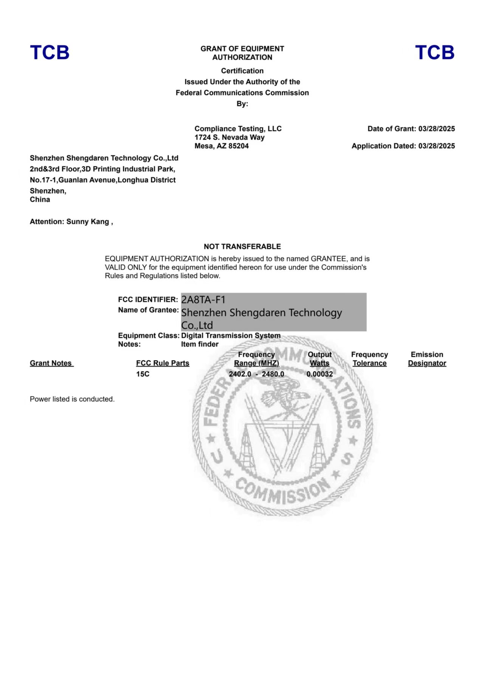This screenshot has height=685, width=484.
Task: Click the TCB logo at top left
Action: click(50, 53)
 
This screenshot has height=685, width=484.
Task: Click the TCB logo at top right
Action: click(434, 53)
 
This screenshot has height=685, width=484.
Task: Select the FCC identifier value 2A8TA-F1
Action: click(203, 300)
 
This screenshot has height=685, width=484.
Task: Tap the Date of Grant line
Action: click(411, 129)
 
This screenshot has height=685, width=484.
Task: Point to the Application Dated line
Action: click(403, 146)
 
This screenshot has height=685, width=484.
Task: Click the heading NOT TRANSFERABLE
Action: click(242, 246)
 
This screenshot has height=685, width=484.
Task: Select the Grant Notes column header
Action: click(51, 363)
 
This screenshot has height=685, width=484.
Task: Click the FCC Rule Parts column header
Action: click(163, 363)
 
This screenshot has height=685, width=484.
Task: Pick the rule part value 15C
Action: click(143, 374)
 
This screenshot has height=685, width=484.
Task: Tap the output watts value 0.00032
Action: click(320, 374)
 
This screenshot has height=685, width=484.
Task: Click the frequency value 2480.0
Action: click(273, 374)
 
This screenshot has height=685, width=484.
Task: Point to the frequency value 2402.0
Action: click(240, 374)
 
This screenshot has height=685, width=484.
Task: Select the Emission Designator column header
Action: click(427, 359)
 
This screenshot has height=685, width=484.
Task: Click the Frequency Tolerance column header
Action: click(369, 359)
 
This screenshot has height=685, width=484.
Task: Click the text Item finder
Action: click(200, 344)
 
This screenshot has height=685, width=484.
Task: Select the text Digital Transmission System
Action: click(231, 336)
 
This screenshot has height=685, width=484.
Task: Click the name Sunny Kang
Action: click(88, 222)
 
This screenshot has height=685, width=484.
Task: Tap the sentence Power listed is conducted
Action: click(72, 399)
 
